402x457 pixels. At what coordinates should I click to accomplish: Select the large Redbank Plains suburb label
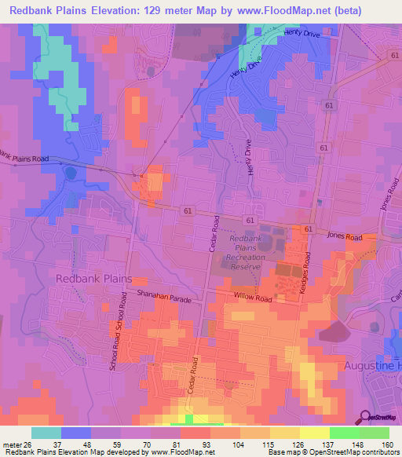coord(93,279)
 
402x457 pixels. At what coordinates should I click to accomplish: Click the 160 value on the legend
coord(386,445)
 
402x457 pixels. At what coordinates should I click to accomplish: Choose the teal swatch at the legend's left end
coord(46,433)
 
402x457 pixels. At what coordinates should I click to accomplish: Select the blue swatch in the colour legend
coord(76,433)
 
